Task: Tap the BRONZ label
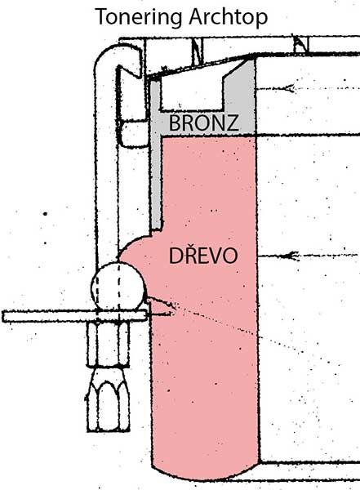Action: point(204,122)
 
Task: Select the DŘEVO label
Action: point(203,256)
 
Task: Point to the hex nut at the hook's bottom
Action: point(108,399)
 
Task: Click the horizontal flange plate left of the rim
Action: point(74,316)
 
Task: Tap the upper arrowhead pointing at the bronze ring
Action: point(289,88)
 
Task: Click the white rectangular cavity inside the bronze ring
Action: point(191,94)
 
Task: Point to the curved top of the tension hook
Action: point(118,50)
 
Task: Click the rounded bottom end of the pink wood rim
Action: point(206,469)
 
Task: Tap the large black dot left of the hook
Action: point(46,214)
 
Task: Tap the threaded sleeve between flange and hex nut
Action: point(108,344)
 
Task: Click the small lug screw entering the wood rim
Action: point(159,308)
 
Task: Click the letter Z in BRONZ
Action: point(233,122)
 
